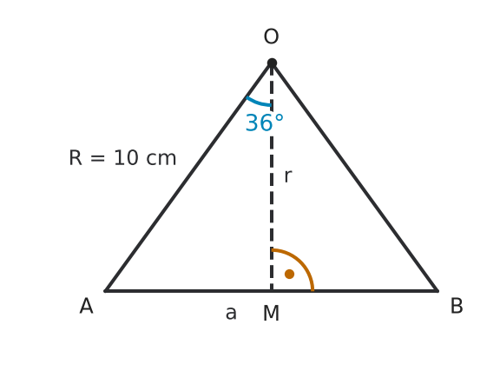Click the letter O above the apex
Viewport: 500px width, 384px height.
[272, 36]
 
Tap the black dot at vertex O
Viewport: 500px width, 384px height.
[272, 63]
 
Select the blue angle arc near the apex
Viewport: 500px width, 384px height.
[258, 103]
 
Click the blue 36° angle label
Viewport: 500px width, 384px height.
[265, 122]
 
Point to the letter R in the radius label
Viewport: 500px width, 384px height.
[76, 158]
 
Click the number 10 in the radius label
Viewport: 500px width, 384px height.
[126, 158]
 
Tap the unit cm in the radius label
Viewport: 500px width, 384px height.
[161, 159]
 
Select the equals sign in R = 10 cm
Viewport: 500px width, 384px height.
[97, 158]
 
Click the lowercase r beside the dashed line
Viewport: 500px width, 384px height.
[287, 176]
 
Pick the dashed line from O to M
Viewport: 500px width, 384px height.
[272, 177]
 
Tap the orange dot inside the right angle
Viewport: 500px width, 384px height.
[289, 274]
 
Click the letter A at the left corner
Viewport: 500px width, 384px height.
[87, 306]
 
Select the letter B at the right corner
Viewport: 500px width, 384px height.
[457, 306]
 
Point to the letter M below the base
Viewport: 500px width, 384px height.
[272, 313]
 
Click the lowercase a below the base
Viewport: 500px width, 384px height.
[231, 314]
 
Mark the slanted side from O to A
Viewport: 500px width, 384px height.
[188, 177]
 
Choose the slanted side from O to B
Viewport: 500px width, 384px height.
[355, 177]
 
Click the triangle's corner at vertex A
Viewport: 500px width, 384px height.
[105, 291]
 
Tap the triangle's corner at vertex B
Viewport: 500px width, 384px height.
[437, 291]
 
